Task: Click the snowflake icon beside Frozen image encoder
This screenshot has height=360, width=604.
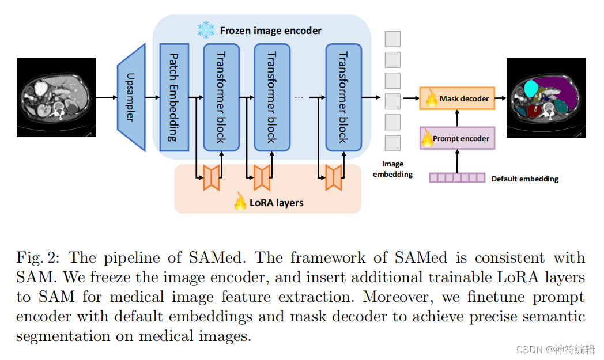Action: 205,30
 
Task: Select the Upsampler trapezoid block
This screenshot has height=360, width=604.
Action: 131,97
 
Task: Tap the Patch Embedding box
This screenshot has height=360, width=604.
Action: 173,97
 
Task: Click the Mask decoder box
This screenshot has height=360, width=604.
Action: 457,98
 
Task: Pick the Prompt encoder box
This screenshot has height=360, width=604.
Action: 457,138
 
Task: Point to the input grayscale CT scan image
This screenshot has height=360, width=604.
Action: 56,97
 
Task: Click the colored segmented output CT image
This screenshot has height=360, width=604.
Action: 545,98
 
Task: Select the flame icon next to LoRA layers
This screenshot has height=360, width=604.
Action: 240,201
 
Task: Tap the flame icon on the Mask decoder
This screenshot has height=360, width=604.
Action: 431,99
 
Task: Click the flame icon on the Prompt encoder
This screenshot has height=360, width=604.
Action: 427,138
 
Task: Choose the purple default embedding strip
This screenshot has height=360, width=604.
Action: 457,177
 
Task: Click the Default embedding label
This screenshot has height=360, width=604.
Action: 524,179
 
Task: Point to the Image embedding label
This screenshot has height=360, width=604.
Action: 392,169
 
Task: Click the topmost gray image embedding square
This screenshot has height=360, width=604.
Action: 392,39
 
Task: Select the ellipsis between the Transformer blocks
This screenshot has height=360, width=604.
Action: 299,97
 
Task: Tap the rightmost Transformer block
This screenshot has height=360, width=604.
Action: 343,97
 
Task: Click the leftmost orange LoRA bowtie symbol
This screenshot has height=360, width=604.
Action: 212,177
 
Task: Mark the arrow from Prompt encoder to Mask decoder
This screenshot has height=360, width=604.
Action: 457,119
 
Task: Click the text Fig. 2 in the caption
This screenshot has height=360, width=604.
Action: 37,257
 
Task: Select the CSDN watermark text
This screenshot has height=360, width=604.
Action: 555,350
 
